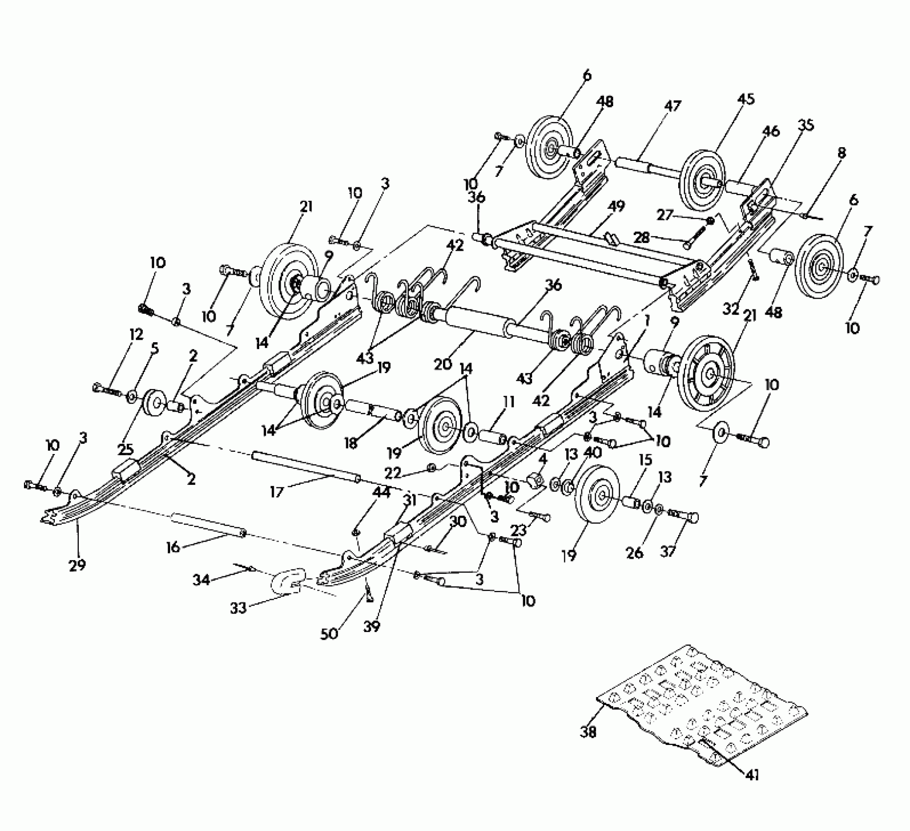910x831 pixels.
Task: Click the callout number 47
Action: click(x=672, y=106)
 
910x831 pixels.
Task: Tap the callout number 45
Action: click(x=745, y=99)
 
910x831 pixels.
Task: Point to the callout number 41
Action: click(x=752, y=775)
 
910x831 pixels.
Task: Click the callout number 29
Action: click(x=78, y=565)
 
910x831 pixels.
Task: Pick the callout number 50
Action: click(x=330, y=634)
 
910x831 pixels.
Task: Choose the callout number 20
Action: click(x=444, y=364)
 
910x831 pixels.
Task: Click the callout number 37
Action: click(x=668, y=551)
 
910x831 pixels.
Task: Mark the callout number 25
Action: click(x=126, y=448)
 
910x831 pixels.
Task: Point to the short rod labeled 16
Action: click(x=208, y=526)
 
